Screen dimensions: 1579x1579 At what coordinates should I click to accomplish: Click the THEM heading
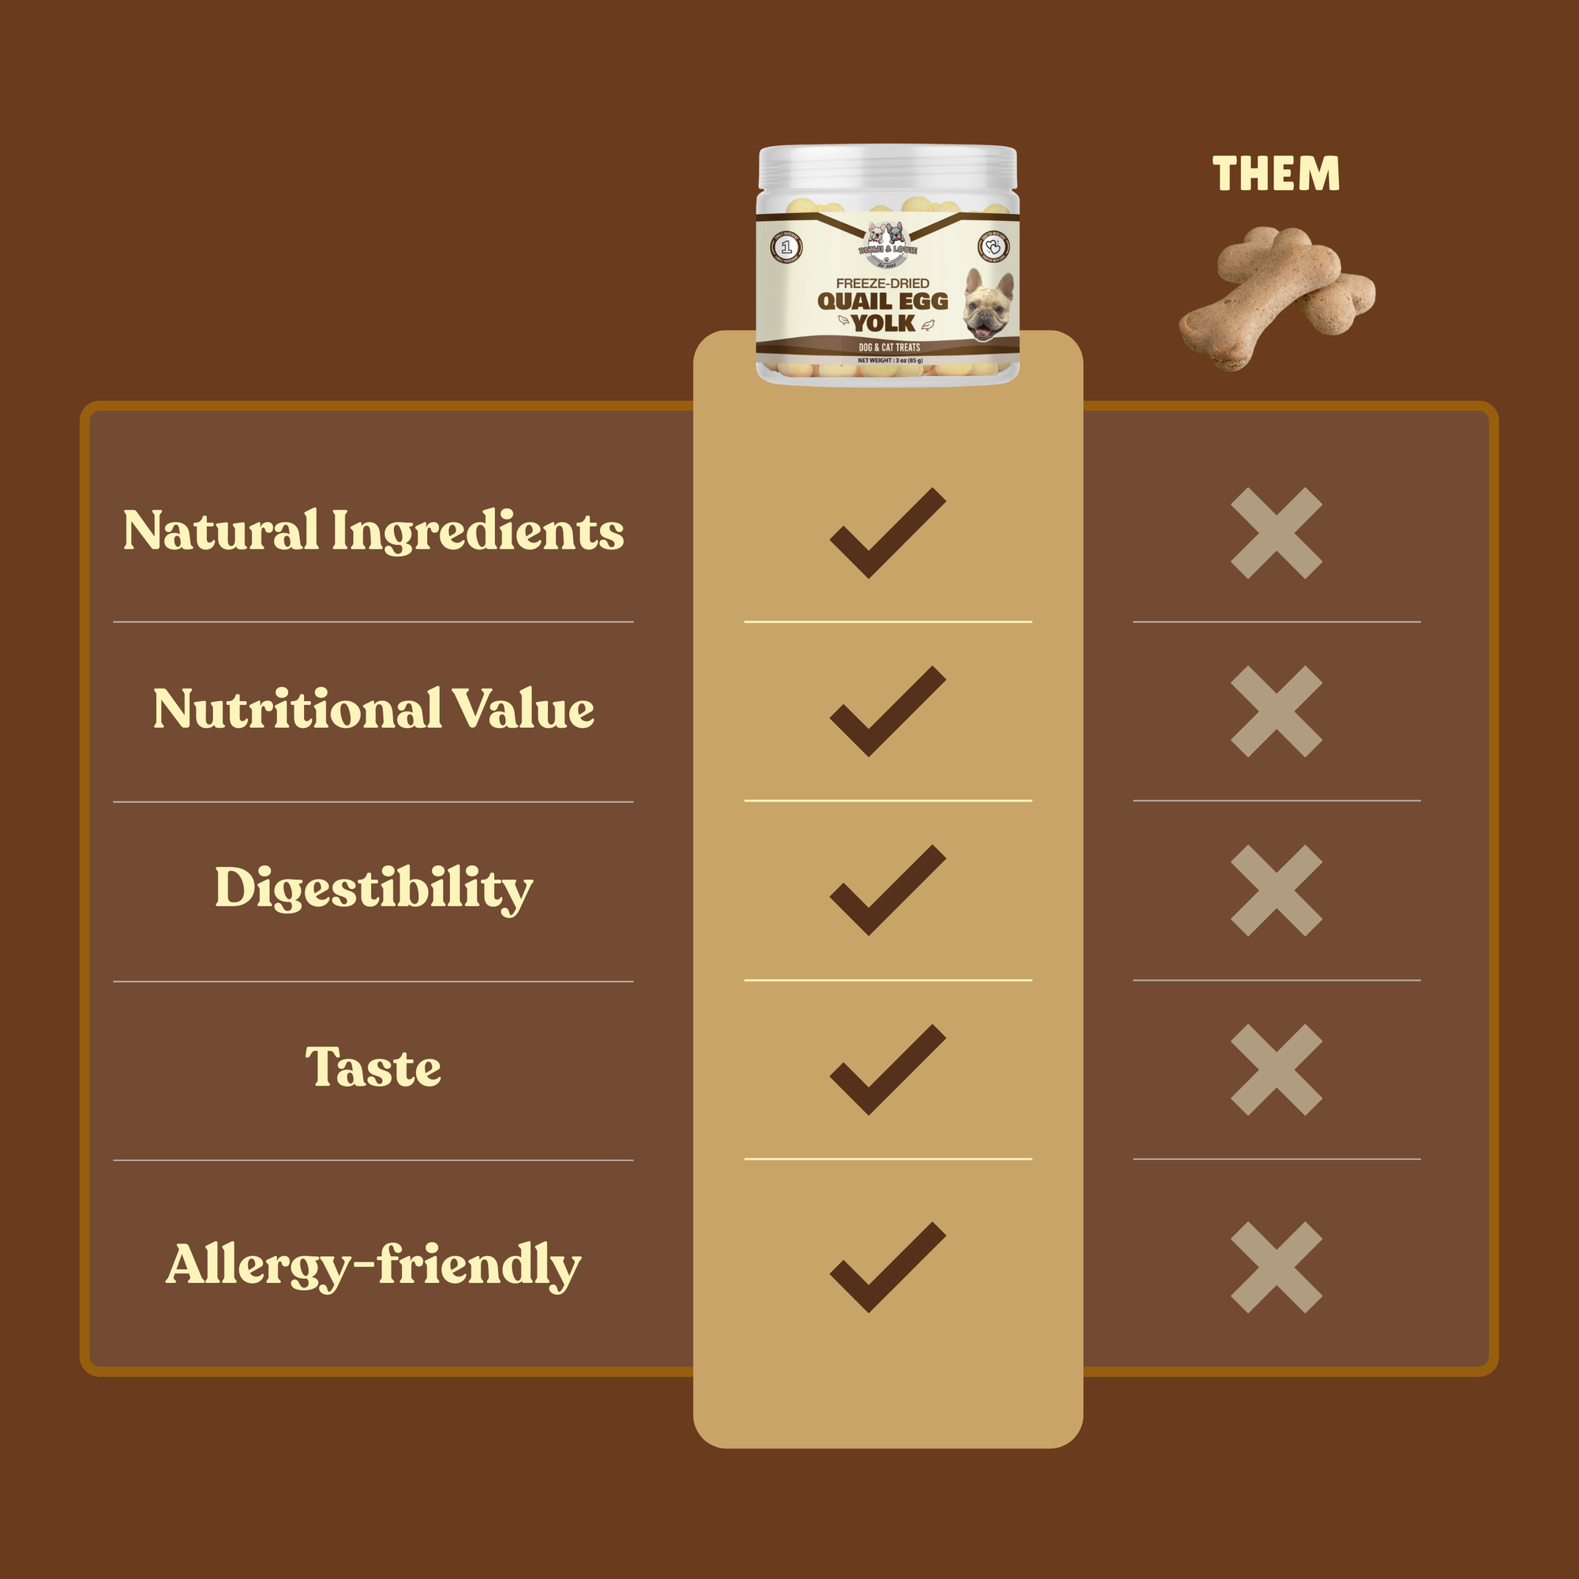1276,173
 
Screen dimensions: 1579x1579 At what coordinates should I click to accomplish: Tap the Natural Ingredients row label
373,531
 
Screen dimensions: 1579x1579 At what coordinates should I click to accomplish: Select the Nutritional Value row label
373,709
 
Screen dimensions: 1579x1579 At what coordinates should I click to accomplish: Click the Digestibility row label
373,887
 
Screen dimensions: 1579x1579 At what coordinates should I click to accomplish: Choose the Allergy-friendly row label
373,1264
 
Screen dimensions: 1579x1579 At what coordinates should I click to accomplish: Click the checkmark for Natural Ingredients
887,533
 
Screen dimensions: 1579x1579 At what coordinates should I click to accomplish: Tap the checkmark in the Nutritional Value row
887,711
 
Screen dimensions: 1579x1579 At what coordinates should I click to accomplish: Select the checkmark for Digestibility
887,890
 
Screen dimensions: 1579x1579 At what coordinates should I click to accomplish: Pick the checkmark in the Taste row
887,1069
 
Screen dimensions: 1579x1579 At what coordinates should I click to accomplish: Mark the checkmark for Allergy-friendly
887,1267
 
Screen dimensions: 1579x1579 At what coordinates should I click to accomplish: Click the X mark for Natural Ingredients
1276,533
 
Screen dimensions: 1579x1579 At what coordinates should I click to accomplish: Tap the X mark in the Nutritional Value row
1276,711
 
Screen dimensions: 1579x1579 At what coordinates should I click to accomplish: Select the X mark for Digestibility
1276,890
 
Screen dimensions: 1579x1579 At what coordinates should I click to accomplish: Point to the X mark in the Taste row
1276,1069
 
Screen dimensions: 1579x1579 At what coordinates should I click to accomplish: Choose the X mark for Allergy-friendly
1276,1267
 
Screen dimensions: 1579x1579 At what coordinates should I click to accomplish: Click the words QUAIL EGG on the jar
883,301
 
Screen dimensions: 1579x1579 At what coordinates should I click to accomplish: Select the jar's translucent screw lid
887,167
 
